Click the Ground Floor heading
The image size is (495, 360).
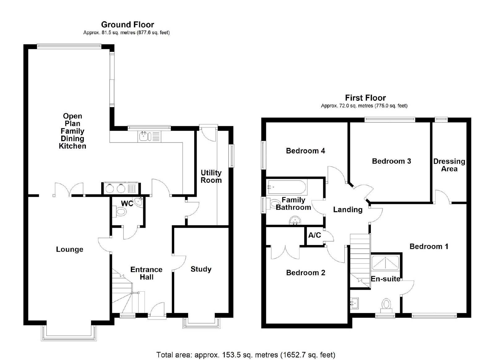point(127,24)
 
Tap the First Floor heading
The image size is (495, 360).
point(365,98)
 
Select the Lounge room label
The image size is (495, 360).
point(70,249)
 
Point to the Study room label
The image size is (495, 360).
point(201,269)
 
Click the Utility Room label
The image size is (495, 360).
point(211,176)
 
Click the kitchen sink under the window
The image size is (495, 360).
point(145,136)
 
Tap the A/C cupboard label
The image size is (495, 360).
point(314,235)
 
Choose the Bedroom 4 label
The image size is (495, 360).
point(305,151)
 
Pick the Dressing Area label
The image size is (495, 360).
point(449,165)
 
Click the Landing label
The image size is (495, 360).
point(348,210)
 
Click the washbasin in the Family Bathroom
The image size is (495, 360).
point(295,221)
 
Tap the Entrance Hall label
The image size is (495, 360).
point(146,273)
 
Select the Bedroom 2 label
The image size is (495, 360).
point(306,273)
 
